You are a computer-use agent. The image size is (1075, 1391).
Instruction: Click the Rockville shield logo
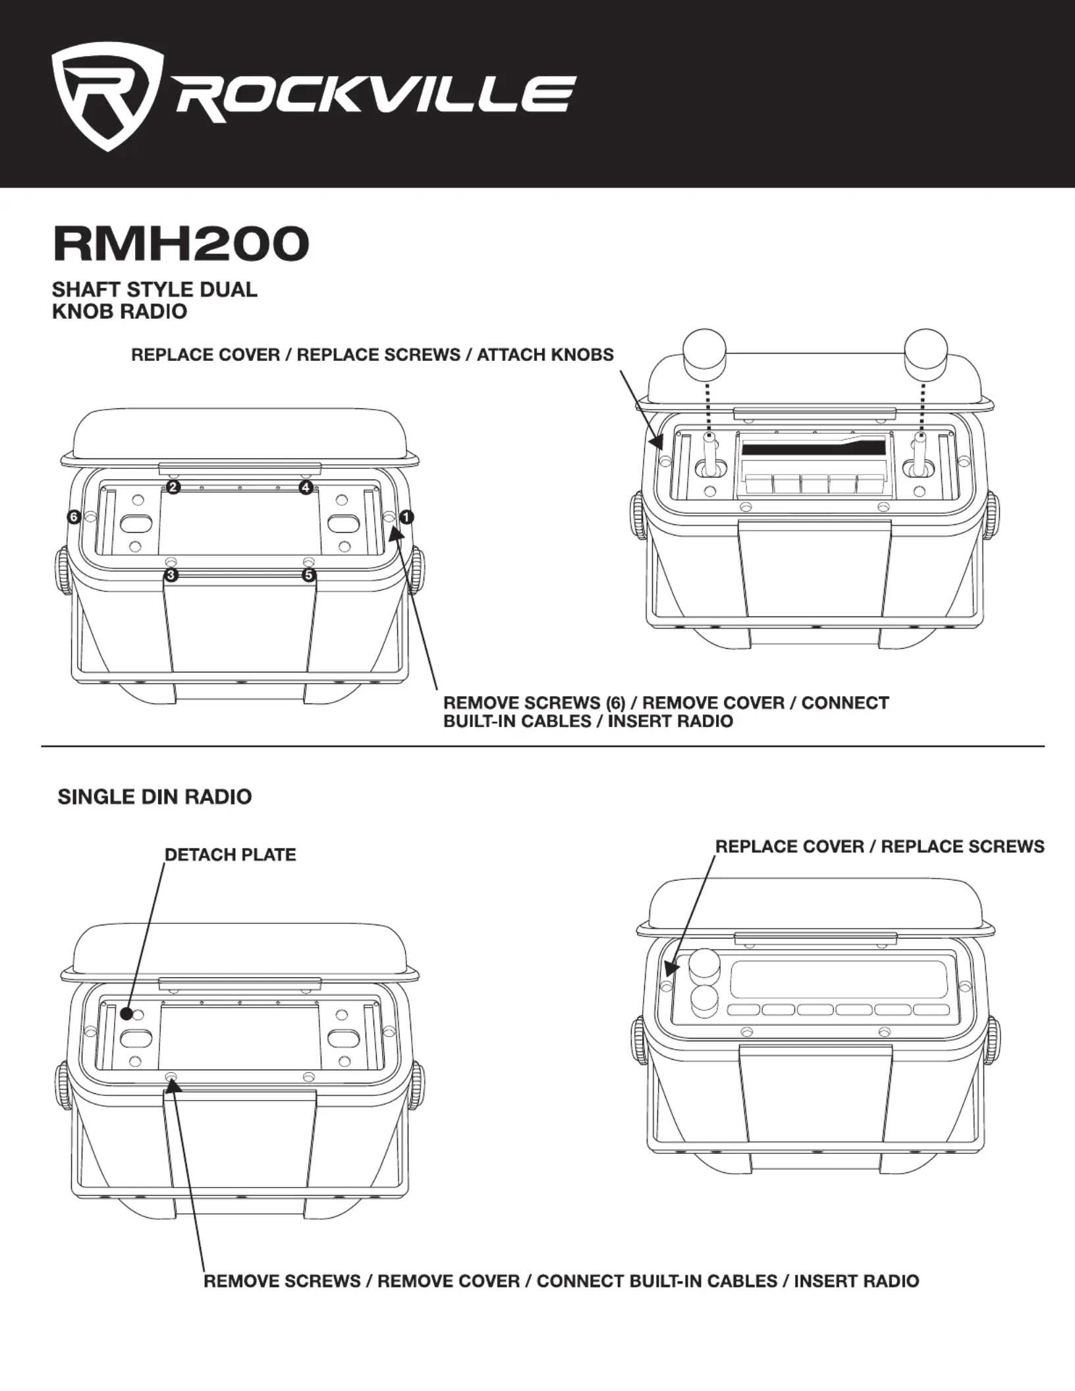pyautogui.click(x=107, y=97)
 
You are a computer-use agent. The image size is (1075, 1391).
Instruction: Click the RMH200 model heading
pyautogui.click(x=181, y=244)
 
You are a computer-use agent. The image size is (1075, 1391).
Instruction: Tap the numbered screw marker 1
pyautogui.click(x=406, y=517)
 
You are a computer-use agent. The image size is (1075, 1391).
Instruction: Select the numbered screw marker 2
pyautogui.click(x=173, y=487)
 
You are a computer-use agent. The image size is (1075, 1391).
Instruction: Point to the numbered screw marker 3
pyautogui.click(x=171, y=576)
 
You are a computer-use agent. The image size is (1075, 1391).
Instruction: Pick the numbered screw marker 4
pyautogui.click(x=306, y=487)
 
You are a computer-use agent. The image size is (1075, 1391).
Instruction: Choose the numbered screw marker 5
pyautogui.click(x=308, y=576)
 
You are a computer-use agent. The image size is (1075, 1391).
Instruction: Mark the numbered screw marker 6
pyautogui.click(x=74, y=517)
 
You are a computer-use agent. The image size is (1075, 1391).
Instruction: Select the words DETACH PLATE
pyautogui.click(x=230, y=855)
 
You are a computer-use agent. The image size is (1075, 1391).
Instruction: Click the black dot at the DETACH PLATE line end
pyautogui.click(x=127, y=1014)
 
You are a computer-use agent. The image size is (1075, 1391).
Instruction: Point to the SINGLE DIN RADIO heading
pyautogui.click(x=155, y=797)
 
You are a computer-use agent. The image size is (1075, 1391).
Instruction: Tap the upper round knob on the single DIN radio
pyautogui.click(x=704, y=966)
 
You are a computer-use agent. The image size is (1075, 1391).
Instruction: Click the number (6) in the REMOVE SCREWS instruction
pyautogui.click(x=612, y=703)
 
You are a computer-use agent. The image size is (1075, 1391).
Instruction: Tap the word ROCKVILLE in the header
pyautogui.click(x=375, y=99)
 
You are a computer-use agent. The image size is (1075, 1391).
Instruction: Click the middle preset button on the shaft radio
pyautogui.click(x=813, y=484)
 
